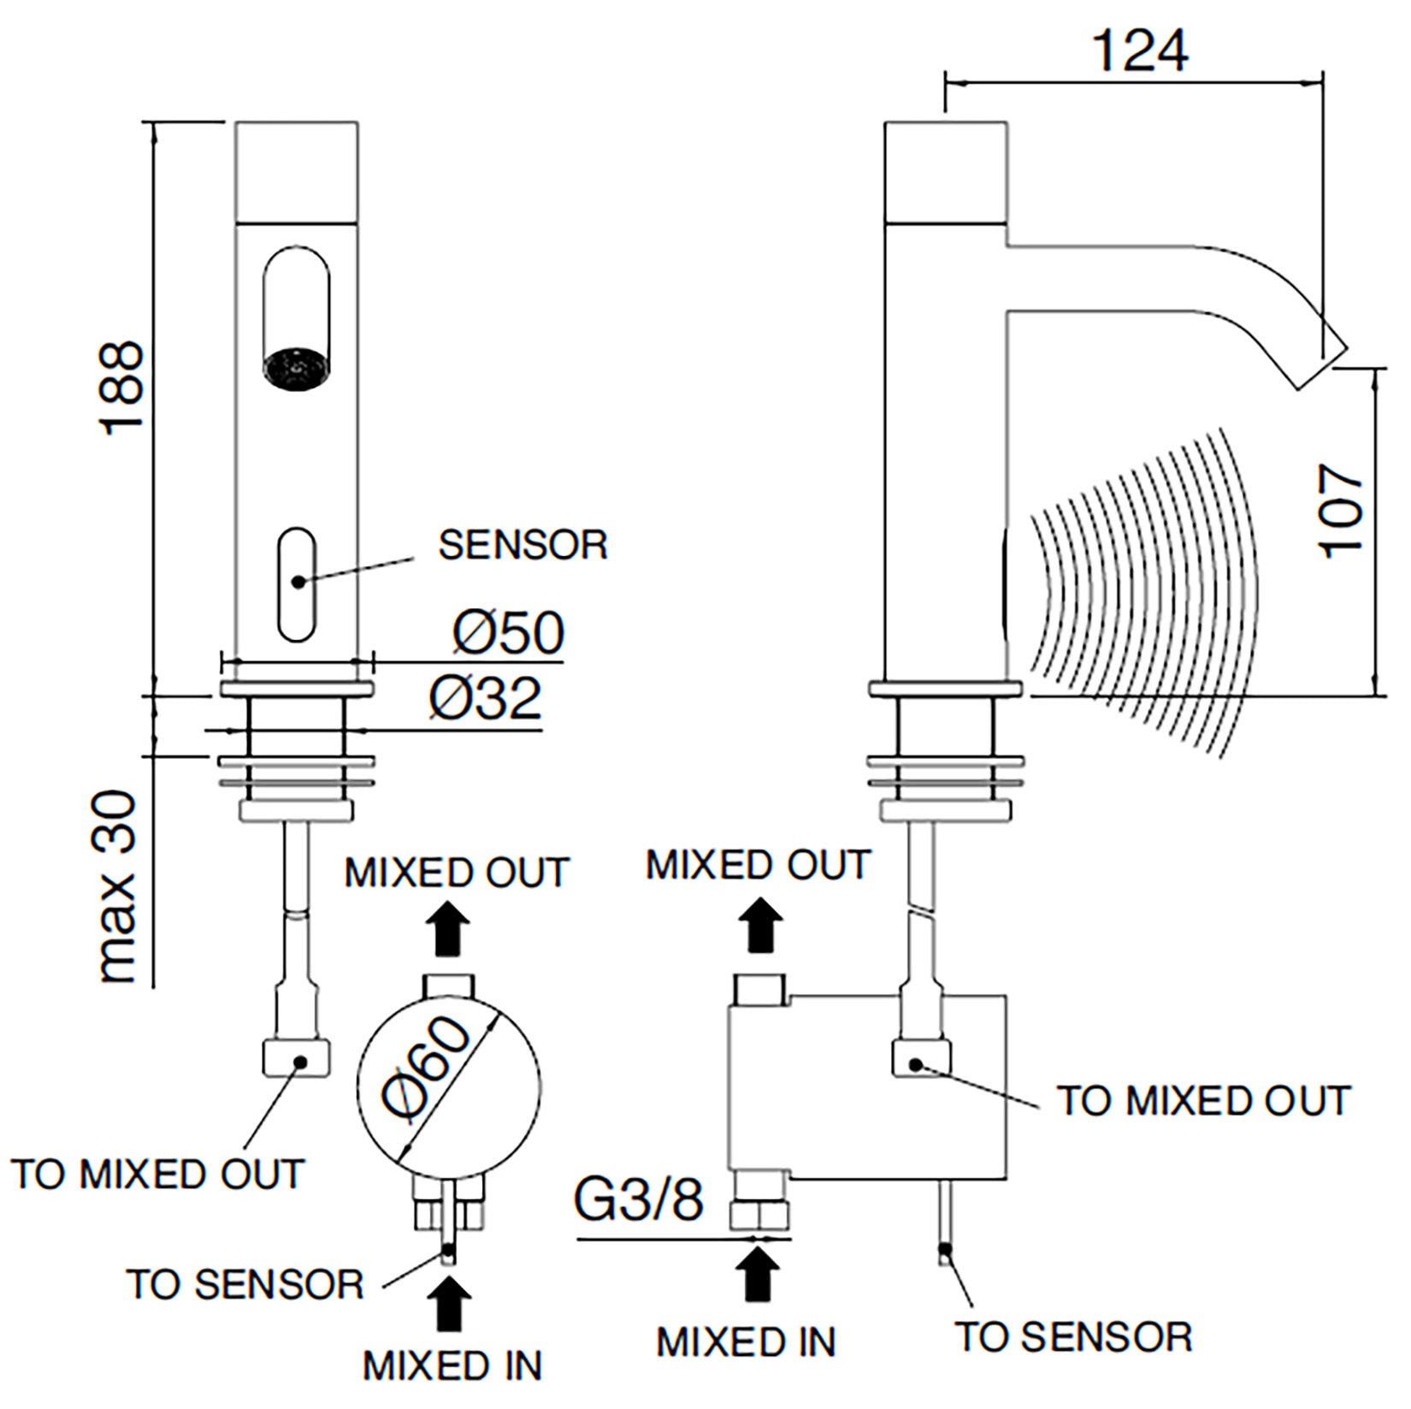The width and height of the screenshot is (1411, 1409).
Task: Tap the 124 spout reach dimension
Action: [x=1141, y=51]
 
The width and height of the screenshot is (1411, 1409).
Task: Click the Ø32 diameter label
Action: [x=486, y=698]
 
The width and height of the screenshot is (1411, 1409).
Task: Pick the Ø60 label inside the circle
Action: [x=428, y=1069]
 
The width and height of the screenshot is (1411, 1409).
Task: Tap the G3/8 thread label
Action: [x=639, y=1199]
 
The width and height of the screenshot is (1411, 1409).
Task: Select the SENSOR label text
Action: [x=522, y=545]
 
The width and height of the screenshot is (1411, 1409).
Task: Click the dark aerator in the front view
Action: [x=295, y=369]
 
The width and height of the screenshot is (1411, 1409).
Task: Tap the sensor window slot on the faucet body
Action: [x=297, y=583]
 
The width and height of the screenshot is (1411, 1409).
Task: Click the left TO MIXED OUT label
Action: [x=157, y=1174]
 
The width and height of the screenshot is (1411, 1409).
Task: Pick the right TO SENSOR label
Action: [x=1073, y=1337]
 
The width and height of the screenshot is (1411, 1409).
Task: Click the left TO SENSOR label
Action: [x=245, y=1285]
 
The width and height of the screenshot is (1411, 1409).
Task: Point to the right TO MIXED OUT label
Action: [x=1203, y=1101]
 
